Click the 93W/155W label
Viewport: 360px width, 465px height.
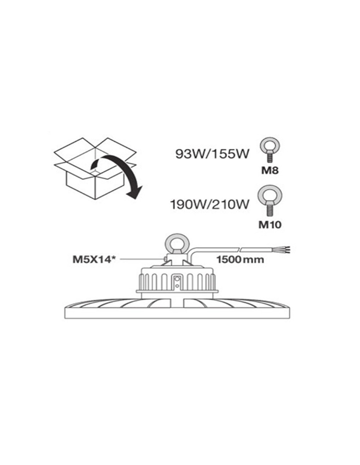(x=212, y=154)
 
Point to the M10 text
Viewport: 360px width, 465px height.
(x=270, y=225)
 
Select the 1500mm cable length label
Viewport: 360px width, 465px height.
(x=240, y=260)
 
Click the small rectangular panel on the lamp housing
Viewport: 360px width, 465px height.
(x=177, y=283)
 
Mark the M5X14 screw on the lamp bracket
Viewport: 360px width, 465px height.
(x=166, y=259)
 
